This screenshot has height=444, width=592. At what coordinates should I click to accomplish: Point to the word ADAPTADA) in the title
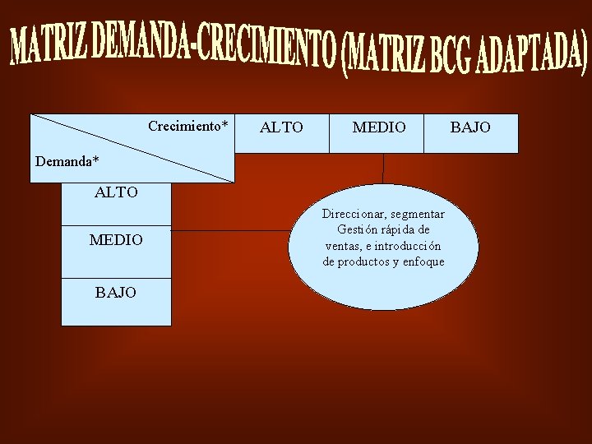pos(539,51)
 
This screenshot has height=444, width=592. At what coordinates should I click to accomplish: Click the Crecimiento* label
pos(187,126)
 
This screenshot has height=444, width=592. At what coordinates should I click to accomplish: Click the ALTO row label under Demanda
pos(116,193)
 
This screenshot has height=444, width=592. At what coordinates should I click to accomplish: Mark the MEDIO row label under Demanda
pos(116,240)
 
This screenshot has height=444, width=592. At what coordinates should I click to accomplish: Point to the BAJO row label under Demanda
pos(116,292)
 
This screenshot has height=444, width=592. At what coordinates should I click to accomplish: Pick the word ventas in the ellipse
pos(341,246)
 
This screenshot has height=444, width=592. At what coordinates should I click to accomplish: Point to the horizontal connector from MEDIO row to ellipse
pos(230,231)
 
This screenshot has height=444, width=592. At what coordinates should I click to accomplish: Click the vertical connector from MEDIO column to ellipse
pos(383,168)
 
